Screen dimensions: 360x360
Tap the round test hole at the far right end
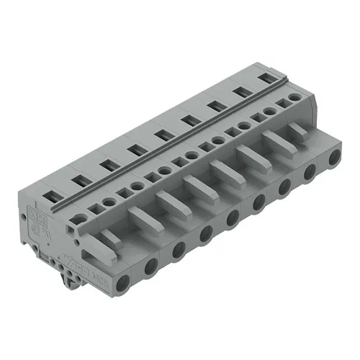pos(294,97)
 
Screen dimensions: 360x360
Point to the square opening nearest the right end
pos(282,104)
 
